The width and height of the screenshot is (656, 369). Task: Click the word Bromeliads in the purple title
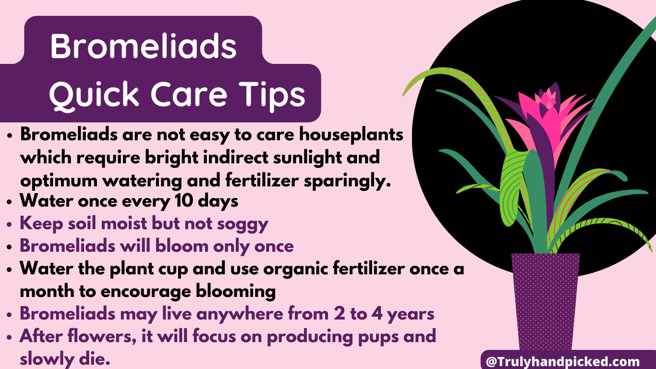click(x=143, y=46)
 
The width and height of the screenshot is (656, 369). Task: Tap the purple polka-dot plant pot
click(x=545, y=302)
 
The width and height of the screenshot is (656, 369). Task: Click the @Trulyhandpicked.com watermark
click(x=562, y=362)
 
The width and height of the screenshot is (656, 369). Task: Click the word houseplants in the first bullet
click(x=351, y=135)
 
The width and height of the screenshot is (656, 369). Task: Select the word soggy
click(x=243, y=224)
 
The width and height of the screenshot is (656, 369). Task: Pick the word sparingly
click(x=347, y=181)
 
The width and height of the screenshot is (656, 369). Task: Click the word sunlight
click(x=307, y=158)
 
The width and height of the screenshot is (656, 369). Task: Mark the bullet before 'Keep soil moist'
click(x=10, y=225)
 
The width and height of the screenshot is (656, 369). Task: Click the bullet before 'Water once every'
click(x=10, y=202)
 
